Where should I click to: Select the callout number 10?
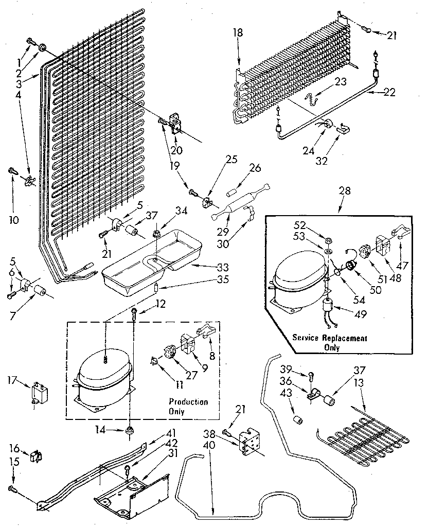(x=14, y=220)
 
